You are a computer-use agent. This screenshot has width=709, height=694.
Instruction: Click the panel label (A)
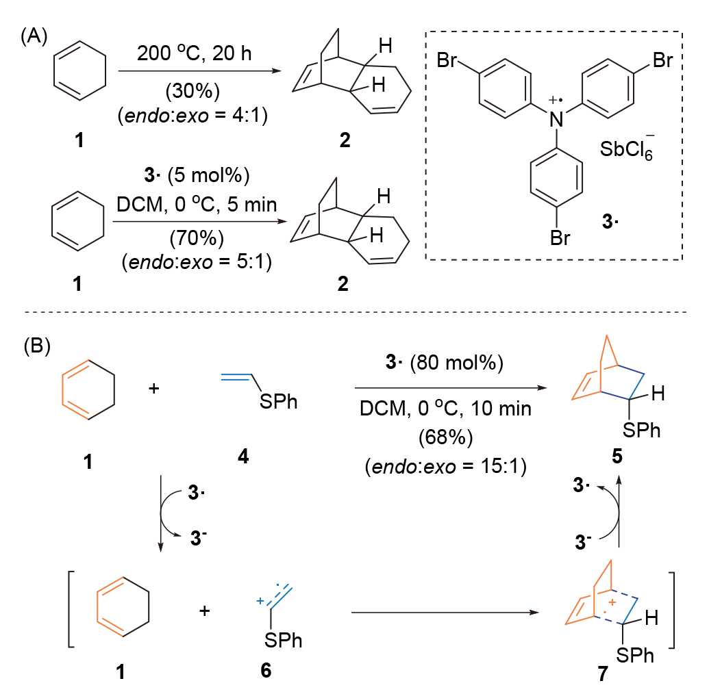pyautogui.click(x=34, y=36)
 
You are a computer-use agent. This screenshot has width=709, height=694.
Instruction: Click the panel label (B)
pyautogui.click(x=36, y=346)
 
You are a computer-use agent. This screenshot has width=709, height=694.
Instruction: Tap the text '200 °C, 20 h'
pyautogui.click(x=194, y=53)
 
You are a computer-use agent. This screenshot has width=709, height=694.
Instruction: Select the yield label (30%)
pyautogui.click(x=192, y=91)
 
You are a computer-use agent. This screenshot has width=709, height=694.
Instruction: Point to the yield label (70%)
pyautogui.click(x=197, y=238)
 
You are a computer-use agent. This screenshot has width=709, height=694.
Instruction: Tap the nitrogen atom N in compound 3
pyautogui.click(x=556, y=119)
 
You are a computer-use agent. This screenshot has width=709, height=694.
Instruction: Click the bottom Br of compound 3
pyautogui.click(x=560, y=238)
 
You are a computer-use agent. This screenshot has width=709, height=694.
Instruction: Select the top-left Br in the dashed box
pyautogui.click(x=447, y=60)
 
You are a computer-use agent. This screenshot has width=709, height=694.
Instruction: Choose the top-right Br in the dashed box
pyautogui.click(x=662, y=60)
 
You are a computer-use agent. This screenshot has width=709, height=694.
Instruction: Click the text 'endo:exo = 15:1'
pyautogui.click(x=446, y=466)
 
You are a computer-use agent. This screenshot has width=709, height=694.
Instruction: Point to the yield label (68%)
pyautogui.click(x=445, y=437)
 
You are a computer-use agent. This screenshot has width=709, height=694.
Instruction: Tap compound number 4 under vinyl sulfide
pyautogui.click(x=243, y=457)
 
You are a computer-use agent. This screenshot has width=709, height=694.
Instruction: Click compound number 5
pyautogui.click(x=617, y=457)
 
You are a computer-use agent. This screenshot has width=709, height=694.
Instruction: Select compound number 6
pyautogui.click(x=266, y=670)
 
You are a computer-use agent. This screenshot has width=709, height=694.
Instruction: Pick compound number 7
pyautogui.click(x=603, y=673)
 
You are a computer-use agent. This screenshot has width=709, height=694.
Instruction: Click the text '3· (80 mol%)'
pyautogui.click(x=444, y=362)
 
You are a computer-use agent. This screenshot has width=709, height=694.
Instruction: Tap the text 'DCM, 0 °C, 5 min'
pyautogui.click(x=197, y=204)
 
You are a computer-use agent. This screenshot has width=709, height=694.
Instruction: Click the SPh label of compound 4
pyautogui.click(x=279, y=402)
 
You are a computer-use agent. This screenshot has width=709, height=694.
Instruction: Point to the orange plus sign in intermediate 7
pyautogui.click(x=612, y=602)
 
